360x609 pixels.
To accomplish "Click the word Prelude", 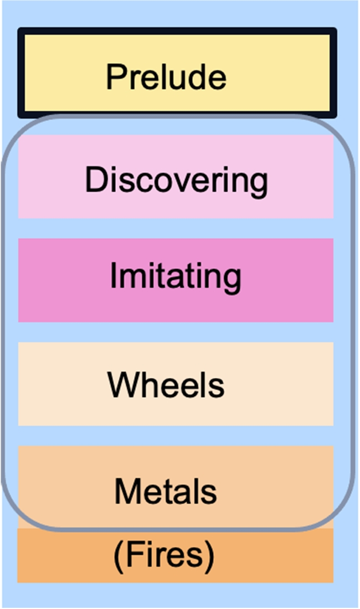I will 166,77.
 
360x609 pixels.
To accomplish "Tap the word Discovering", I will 176,180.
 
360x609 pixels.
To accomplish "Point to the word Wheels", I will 166,384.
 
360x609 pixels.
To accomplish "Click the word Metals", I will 165,491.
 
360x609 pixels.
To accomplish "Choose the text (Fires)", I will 164,555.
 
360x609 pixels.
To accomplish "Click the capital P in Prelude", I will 114,77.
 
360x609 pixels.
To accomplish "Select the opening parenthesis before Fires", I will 117,555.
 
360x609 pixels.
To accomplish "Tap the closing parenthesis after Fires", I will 210,555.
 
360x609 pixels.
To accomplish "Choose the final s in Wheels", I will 218,385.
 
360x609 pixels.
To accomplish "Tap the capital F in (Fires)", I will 130,555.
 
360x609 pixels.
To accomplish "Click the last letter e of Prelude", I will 219,79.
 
